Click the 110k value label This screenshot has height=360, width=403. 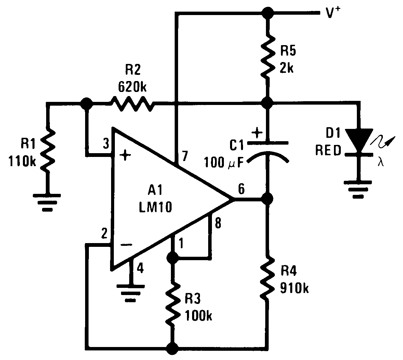point(23,161)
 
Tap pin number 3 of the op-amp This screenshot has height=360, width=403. point(106,144)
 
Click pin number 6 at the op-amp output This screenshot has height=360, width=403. point(241,188)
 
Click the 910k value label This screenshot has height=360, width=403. point(294,288)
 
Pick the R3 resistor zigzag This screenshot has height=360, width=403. point(172,304)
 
